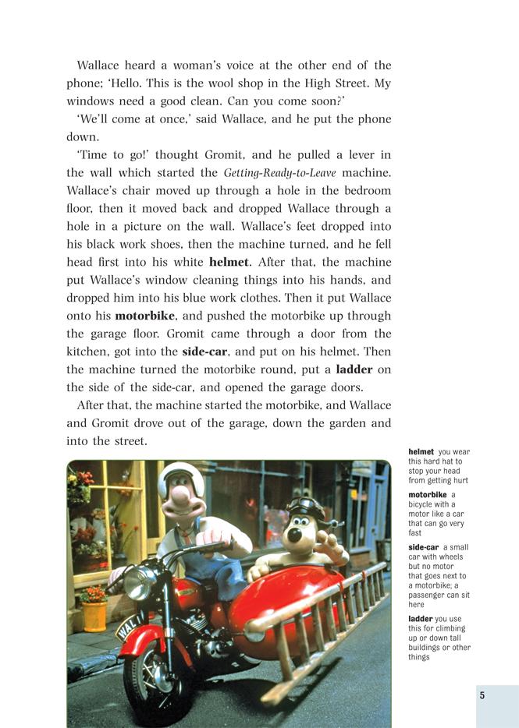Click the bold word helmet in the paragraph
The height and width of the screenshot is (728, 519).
click(229, 262)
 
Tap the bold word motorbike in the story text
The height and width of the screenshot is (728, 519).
click(145, 316)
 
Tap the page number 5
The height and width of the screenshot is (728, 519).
click(482, 695)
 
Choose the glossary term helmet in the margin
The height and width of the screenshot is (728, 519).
click(421, 452)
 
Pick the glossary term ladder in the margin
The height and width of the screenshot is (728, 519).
click(421, 619)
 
